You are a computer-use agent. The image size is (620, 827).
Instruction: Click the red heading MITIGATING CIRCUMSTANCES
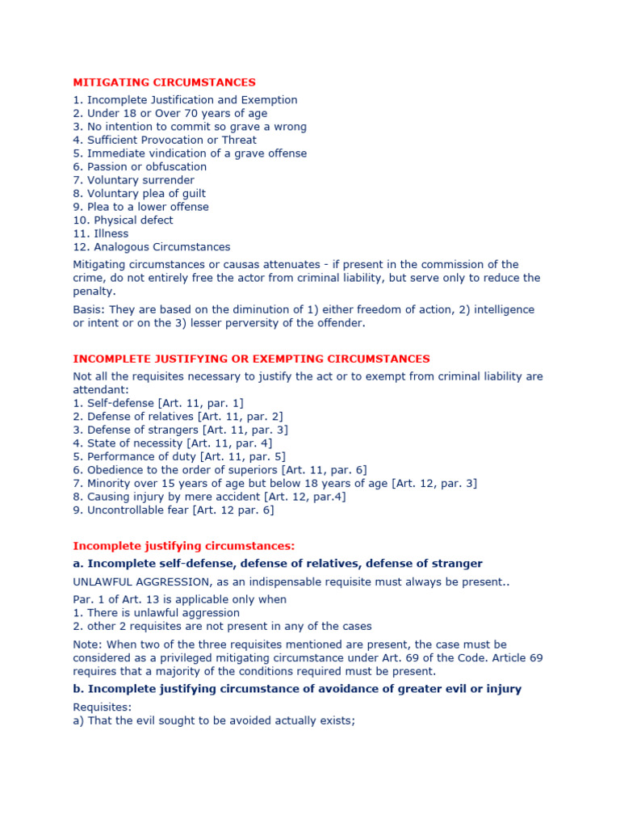tap(164, 82)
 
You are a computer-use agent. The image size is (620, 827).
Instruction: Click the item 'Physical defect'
tap(123, 220)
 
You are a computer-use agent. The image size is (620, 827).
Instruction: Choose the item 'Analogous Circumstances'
tap(152, 247)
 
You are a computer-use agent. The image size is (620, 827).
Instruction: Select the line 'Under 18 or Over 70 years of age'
tap(170, 113)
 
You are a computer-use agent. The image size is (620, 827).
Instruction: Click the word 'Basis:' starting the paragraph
tap(89, 309)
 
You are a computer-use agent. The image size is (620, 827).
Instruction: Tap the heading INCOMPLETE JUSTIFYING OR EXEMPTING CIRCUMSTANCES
tap(251, 359)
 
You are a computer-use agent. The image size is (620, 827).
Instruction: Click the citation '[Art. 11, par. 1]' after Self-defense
tap(203, 403)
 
